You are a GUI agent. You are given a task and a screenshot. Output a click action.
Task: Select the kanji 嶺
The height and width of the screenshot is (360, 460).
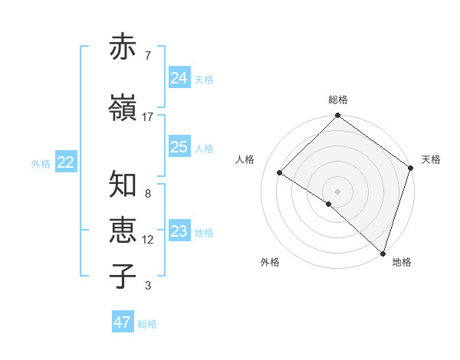pos(123,108)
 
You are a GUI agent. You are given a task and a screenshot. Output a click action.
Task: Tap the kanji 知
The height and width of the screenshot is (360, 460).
pos(123,185)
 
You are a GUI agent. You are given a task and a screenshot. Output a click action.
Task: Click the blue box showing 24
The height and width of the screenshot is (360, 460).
pos(179,78)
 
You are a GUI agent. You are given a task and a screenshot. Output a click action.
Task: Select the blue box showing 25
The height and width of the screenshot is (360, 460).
pos(179,147)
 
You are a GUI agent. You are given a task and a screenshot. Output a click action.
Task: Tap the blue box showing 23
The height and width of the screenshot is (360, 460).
pos(179,231)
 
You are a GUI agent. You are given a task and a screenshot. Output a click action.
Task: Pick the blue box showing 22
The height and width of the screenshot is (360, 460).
pos(66,162)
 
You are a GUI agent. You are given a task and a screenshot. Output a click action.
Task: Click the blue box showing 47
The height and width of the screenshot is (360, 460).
pos(123,322)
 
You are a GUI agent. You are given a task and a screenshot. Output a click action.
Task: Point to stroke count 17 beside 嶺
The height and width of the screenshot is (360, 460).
pos(147,117)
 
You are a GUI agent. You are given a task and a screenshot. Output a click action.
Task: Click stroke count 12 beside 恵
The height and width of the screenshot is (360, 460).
pos(147,240)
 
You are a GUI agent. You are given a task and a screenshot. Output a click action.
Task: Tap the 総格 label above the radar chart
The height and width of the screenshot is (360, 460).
pos(338,100)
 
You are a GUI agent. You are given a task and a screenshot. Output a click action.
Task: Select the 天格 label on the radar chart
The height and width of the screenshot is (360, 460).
pos(431,159)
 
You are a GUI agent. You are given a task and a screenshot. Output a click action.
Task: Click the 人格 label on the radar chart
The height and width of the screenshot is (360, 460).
pos(245,159)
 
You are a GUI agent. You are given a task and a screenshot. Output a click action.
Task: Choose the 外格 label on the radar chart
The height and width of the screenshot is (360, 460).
pos(270,263)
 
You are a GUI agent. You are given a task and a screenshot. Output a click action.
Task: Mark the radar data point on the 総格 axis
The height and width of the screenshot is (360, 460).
pos(338,116)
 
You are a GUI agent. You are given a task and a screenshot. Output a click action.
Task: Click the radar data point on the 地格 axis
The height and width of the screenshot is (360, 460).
pos(383,252)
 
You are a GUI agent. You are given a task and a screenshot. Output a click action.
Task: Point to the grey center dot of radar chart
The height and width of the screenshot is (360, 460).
pos(338,191)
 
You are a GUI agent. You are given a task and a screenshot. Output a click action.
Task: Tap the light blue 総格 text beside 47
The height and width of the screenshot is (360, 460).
pos(147,324)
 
